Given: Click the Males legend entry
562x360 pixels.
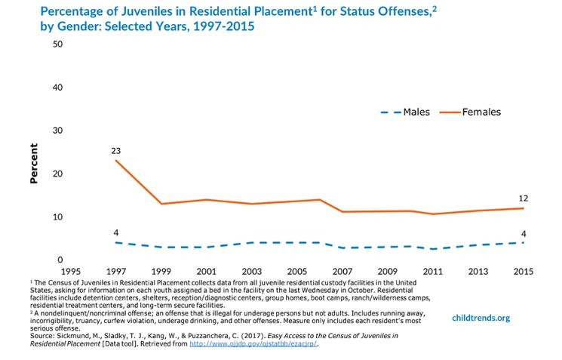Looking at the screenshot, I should point(405,112).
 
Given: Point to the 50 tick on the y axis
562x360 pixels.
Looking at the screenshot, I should point(57,44).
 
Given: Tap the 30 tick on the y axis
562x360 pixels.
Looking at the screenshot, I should point(57,131).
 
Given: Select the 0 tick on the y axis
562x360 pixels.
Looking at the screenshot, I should point(60,260).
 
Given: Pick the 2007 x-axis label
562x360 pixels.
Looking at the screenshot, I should point(342,270).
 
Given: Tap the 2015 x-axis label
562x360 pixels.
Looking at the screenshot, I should point(523,270).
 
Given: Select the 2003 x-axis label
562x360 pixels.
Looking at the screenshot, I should point(251,270).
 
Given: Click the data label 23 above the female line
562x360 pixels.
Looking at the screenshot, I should point(115,151).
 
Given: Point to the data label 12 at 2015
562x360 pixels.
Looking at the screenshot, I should point(523,198).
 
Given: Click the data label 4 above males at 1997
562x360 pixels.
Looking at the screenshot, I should point(115,232).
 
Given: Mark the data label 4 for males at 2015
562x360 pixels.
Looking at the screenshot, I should point(523,232).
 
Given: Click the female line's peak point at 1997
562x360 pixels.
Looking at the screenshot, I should point(115,160).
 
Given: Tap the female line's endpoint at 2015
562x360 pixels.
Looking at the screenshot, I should point(523,208).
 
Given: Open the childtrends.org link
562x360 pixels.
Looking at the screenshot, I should point(481,318).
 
